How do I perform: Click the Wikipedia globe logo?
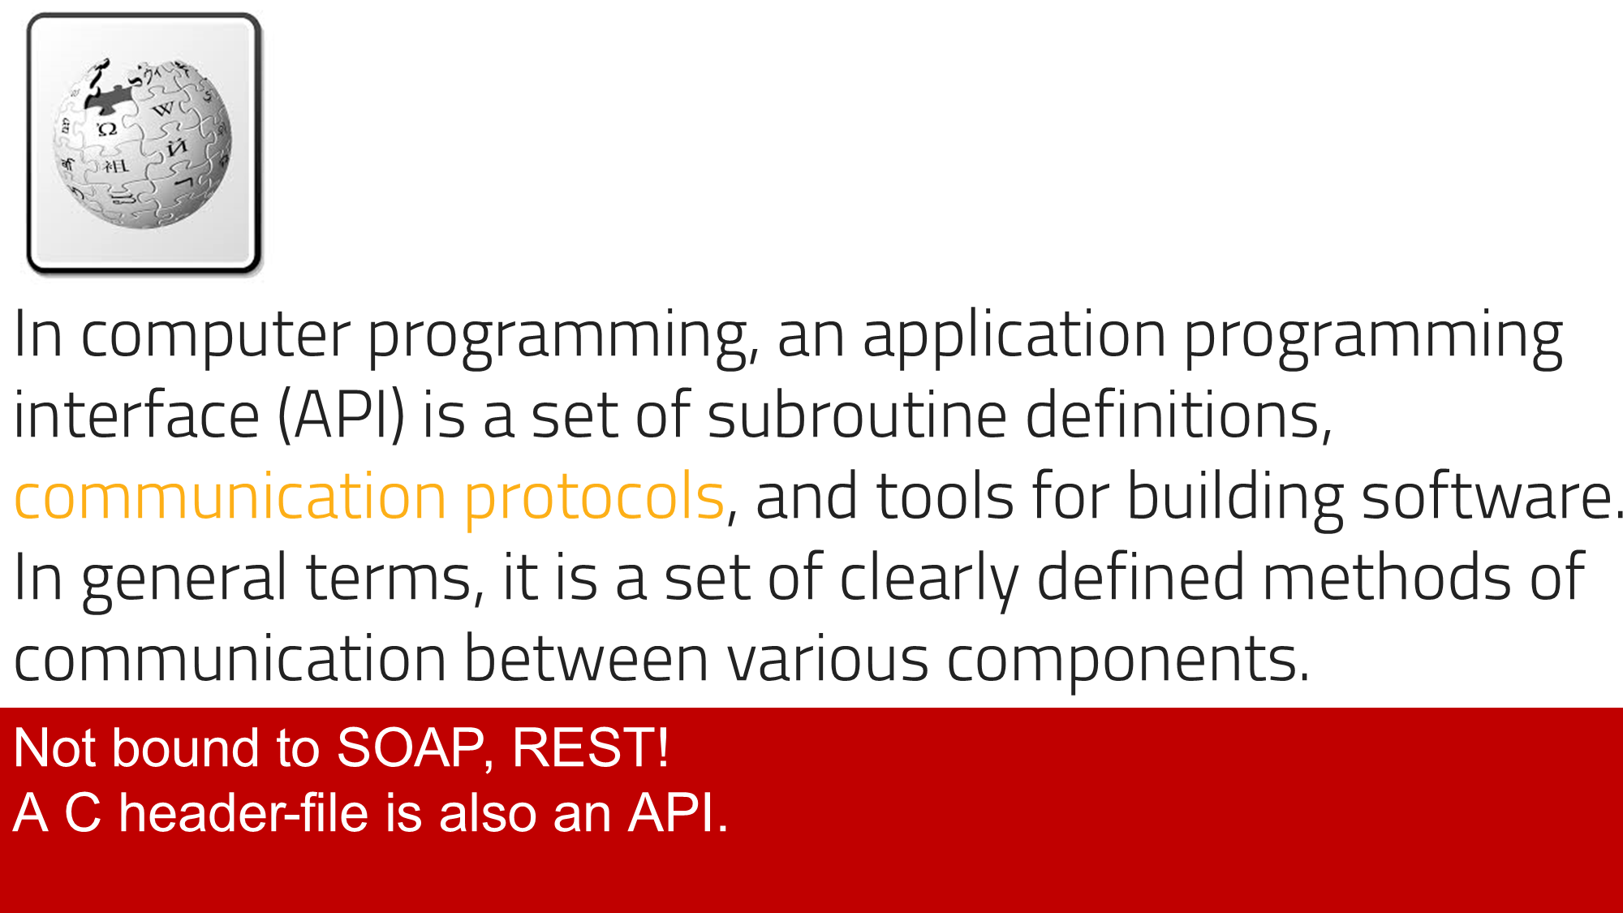[x=143, y=144]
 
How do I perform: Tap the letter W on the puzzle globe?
[x=163, y=108]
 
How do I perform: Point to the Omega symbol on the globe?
[x=107, y=129]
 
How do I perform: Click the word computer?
[x=215, y=335]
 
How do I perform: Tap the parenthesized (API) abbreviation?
[x=341, y=416]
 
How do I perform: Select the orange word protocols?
[x=594, y=497]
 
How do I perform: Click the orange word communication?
[x=230, y=496]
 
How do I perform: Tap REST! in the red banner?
[x=590, y=747]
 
